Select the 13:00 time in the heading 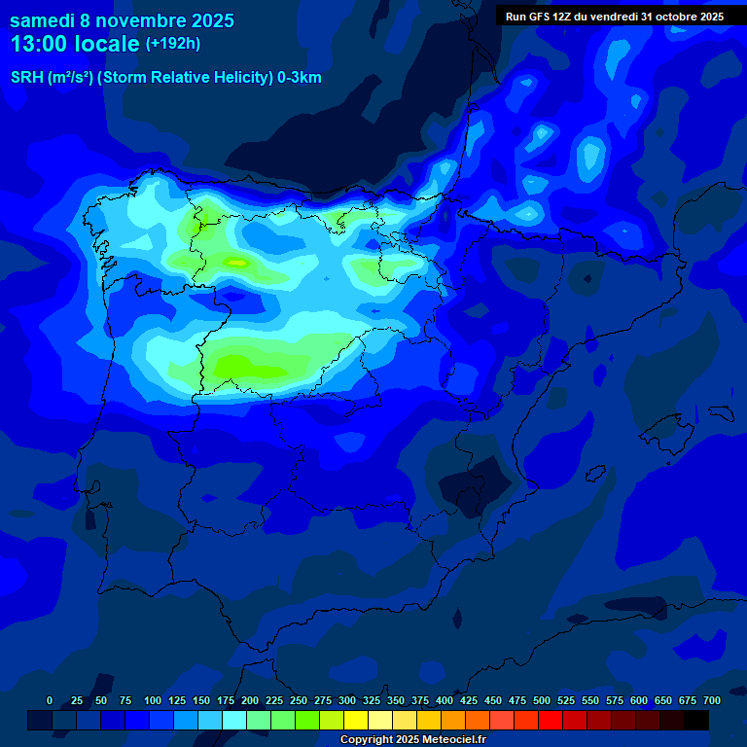[x=39, y=44]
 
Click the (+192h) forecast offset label [x=172, y=44]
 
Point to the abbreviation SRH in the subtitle [x=26, y=78]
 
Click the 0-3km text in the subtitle [x=299, y=78]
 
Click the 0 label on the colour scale [x=50, y=700]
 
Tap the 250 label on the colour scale [x=299, y=700]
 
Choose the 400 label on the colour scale [x=445, y=700]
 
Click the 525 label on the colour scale [x=566, y=700]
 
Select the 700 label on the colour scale [x=712, y=700]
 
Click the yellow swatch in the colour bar [x=356, y=720]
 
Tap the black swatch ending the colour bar [x=696, y=720]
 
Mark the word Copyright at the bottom [x=366, y=739]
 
